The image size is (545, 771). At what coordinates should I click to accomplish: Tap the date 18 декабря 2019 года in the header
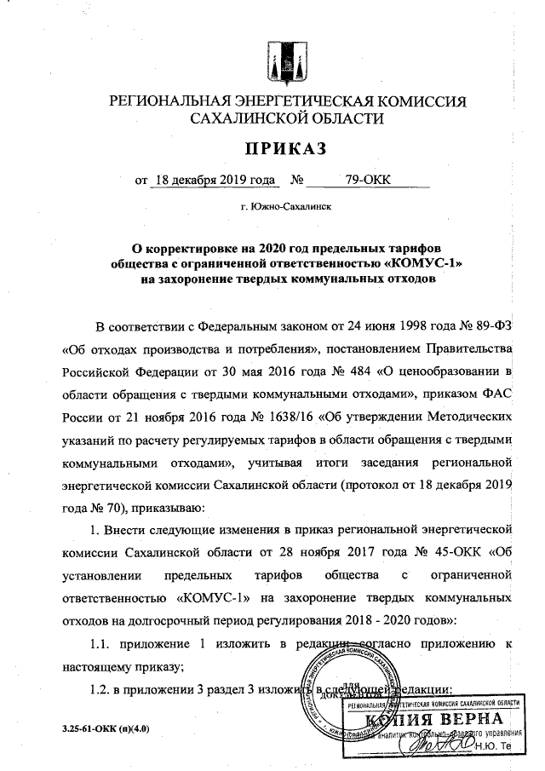tap(213, 181)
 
